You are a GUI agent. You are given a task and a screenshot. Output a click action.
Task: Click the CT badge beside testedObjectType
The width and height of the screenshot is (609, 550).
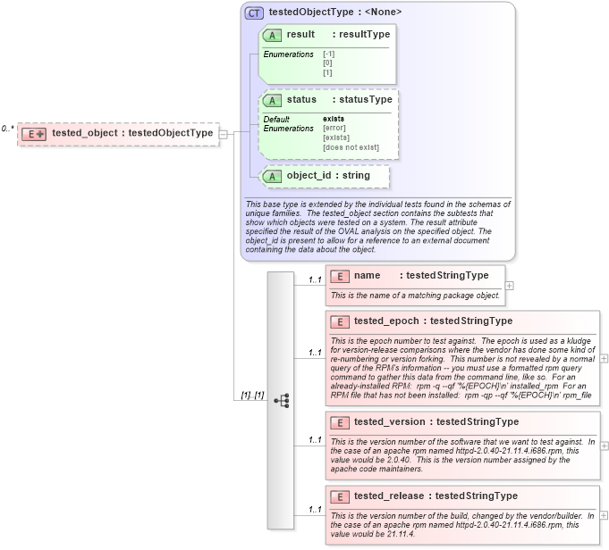pos(255,12)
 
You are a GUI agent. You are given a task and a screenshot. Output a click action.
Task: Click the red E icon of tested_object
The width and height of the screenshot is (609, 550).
pos(34,133)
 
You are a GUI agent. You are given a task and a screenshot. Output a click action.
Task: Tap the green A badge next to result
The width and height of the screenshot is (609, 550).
pos(272,35)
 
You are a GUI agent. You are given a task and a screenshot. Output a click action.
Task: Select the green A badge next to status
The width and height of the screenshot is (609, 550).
pos(272,100)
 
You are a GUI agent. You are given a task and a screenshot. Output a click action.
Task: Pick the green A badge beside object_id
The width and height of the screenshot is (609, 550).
pos(272,176)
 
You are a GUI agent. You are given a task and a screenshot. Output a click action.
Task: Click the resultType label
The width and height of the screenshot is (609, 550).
pos(361,35)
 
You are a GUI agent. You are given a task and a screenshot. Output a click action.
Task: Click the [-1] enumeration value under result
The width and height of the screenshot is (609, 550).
pos(328,54)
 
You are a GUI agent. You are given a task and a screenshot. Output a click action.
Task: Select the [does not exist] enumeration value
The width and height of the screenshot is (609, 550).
pos(351,147)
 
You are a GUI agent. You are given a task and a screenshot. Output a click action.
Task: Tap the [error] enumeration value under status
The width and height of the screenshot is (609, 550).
pos(335,128)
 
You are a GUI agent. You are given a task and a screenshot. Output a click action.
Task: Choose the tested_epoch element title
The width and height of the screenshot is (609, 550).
pos(433,321)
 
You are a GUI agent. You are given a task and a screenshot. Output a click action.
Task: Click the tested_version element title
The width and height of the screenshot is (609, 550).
pos(436,422)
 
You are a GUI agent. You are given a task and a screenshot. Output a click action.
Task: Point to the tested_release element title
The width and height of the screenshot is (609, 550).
pos(436,496)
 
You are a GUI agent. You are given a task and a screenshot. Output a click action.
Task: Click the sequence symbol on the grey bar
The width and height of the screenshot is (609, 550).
pos(281,401)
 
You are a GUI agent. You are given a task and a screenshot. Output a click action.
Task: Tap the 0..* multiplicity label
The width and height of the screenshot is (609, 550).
pos(7,129)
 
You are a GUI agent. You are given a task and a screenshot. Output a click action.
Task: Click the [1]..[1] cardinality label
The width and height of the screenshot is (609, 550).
pos(251,395)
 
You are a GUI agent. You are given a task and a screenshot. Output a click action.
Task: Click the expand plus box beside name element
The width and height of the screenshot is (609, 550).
pos(510,286)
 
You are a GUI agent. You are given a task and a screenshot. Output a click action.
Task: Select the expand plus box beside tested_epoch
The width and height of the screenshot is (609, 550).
pos(605,358)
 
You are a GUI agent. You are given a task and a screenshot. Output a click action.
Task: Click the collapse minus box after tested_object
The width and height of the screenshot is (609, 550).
pos(224,134)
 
